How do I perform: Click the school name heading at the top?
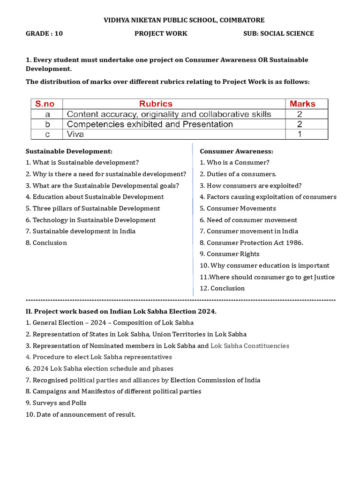point(184,20)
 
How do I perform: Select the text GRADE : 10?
point(44,34)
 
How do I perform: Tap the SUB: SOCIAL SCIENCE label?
point(278,34)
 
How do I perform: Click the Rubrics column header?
point(156,104)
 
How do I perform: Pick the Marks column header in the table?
point(302,104)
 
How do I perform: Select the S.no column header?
point(46,104)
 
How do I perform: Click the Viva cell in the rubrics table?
point(75,135)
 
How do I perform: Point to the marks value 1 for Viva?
point(300,135)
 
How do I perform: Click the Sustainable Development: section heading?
point(69,151)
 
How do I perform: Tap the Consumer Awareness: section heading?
point(236,151)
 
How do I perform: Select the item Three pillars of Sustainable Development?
point(93,209)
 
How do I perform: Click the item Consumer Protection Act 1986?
point(251,243)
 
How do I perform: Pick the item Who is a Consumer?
point(234,163)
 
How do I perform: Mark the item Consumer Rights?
point(229,254)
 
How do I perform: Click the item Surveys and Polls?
point(56,403)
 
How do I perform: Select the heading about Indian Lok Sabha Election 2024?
point(121,312)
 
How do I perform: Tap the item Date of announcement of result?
point(81,414)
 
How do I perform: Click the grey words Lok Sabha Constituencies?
point(250,346)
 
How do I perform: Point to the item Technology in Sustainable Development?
point(90,220)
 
